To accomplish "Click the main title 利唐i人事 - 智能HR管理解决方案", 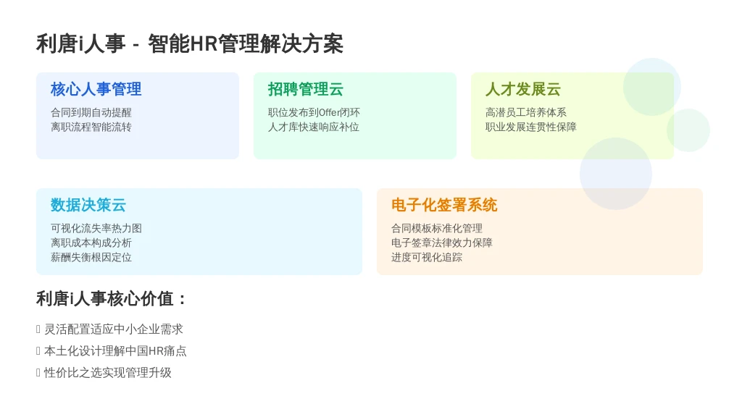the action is [190, 44].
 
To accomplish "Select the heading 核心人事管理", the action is [96, 89].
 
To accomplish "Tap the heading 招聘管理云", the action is [306, 89].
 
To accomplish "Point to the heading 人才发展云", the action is [523, 89].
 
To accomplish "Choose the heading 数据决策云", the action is [88, 205].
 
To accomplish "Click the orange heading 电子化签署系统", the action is [444, 205].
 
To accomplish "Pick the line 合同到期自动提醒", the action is [91, 112].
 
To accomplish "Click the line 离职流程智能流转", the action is [91, 127].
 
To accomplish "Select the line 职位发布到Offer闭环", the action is [314, 112].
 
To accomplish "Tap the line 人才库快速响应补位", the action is [314, 127].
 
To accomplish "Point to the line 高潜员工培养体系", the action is [526, 112].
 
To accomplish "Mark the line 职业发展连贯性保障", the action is [531, 127].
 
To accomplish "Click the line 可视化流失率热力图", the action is [96, 228].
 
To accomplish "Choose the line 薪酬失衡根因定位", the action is [91, 258].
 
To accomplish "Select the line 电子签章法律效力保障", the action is [442, 243].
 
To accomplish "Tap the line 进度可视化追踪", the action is [427, 258].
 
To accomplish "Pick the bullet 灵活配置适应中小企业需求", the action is [114, 329].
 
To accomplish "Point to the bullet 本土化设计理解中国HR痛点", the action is [115, 351].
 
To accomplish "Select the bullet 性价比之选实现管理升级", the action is [108, 373].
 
